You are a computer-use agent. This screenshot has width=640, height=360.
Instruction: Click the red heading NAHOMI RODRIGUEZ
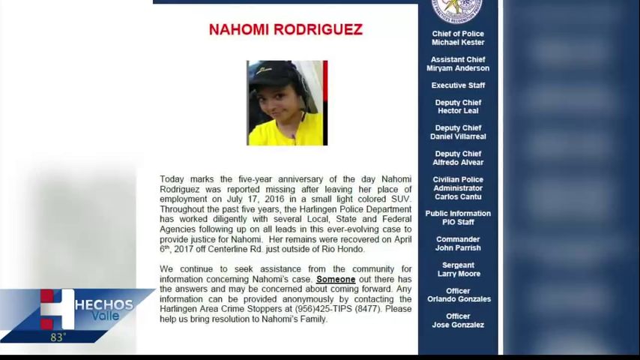click(286, 29)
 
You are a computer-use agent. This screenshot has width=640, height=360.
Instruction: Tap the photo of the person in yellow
click(287, 103)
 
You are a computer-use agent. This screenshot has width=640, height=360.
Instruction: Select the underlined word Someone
click(336, 279)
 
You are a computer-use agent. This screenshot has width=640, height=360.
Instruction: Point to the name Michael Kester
click(458, 43)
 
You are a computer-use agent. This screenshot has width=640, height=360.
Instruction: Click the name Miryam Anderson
click(458, 68)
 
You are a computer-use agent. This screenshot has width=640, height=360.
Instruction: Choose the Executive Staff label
click(458, 85)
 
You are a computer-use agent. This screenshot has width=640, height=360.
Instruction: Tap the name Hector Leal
click(458, 111)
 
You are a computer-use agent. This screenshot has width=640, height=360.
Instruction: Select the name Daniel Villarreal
click(458, 136)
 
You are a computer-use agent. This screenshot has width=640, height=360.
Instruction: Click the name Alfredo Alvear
click(458, 162)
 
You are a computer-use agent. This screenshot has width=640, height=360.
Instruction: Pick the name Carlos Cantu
click(458, 196)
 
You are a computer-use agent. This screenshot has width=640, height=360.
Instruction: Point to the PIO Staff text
click(458, 222)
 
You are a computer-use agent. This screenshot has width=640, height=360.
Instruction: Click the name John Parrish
click(458, 247)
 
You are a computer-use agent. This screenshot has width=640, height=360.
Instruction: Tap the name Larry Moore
click(458, 274)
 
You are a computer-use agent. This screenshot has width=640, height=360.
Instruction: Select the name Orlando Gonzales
click(458, 298)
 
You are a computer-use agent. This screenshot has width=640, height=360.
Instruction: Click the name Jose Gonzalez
click(458, 325)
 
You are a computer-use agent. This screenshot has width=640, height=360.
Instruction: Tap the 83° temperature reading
click(58, 337)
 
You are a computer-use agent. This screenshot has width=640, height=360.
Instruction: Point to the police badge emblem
click(457, 9)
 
